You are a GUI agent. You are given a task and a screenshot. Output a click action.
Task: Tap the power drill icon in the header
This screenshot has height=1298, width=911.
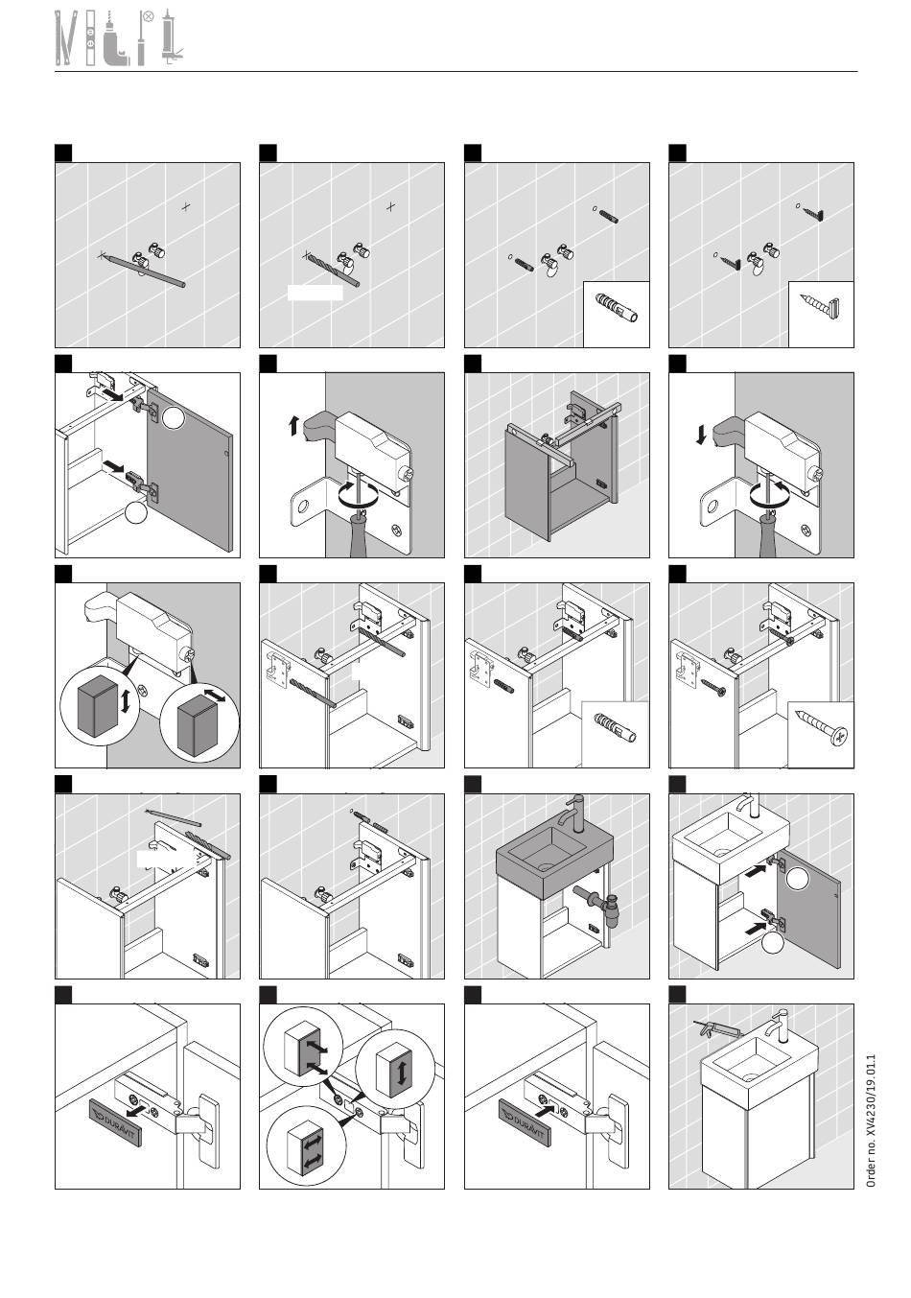116,43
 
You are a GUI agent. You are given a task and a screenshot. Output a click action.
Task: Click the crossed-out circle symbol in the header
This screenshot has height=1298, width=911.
148,15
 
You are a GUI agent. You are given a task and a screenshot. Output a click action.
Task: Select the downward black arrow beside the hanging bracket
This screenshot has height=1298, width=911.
703,435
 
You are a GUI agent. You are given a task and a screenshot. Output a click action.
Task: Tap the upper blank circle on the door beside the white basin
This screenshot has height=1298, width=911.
799,875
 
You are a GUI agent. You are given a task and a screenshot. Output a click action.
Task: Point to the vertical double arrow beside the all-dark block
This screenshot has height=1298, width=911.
126,700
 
